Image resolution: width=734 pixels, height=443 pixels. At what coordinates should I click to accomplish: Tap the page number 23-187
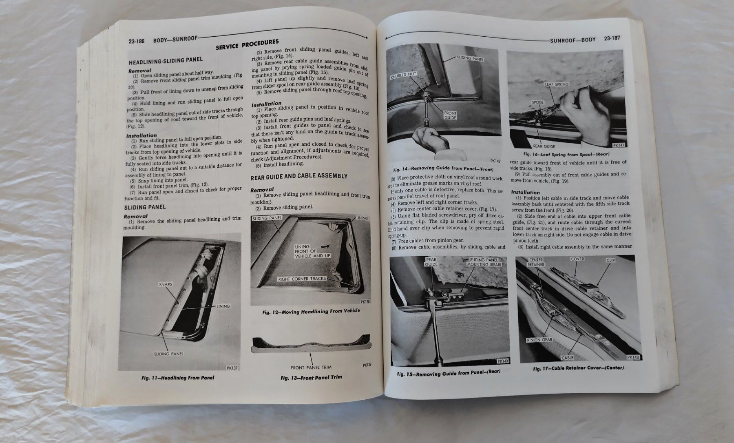click(612, 39)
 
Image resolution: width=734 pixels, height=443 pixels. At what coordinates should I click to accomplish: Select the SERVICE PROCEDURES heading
click(247, 44)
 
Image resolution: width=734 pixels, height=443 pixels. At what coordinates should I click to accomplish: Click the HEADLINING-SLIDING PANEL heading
click(166, 61)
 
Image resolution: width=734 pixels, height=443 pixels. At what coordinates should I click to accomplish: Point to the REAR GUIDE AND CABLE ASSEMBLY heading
click(299, 176)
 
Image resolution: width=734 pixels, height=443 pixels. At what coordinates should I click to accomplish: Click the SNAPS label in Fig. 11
click(165, 284)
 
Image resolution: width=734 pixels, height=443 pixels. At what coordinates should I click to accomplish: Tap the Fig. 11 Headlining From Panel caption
click(175, 378)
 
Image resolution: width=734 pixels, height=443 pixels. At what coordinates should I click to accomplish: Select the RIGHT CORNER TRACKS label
click(302, 279)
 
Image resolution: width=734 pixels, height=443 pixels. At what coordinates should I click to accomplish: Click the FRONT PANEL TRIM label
click(311, 367)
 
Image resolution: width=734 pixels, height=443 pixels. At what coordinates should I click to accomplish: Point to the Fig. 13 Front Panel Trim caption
click(311, 377)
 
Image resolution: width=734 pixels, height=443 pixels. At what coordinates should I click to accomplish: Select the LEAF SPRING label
click(556, 84)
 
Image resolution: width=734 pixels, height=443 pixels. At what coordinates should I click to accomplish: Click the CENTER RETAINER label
click(535, 262)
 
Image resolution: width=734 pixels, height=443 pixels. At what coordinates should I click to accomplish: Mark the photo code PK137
click(232, 368)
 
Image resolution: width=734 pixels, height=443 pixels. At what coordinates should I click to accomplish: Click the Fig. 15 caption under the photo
click(449, 373)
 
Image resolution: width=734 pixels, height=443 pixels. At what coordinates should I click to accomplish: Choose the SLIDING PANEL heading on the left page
click(145, 207)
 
